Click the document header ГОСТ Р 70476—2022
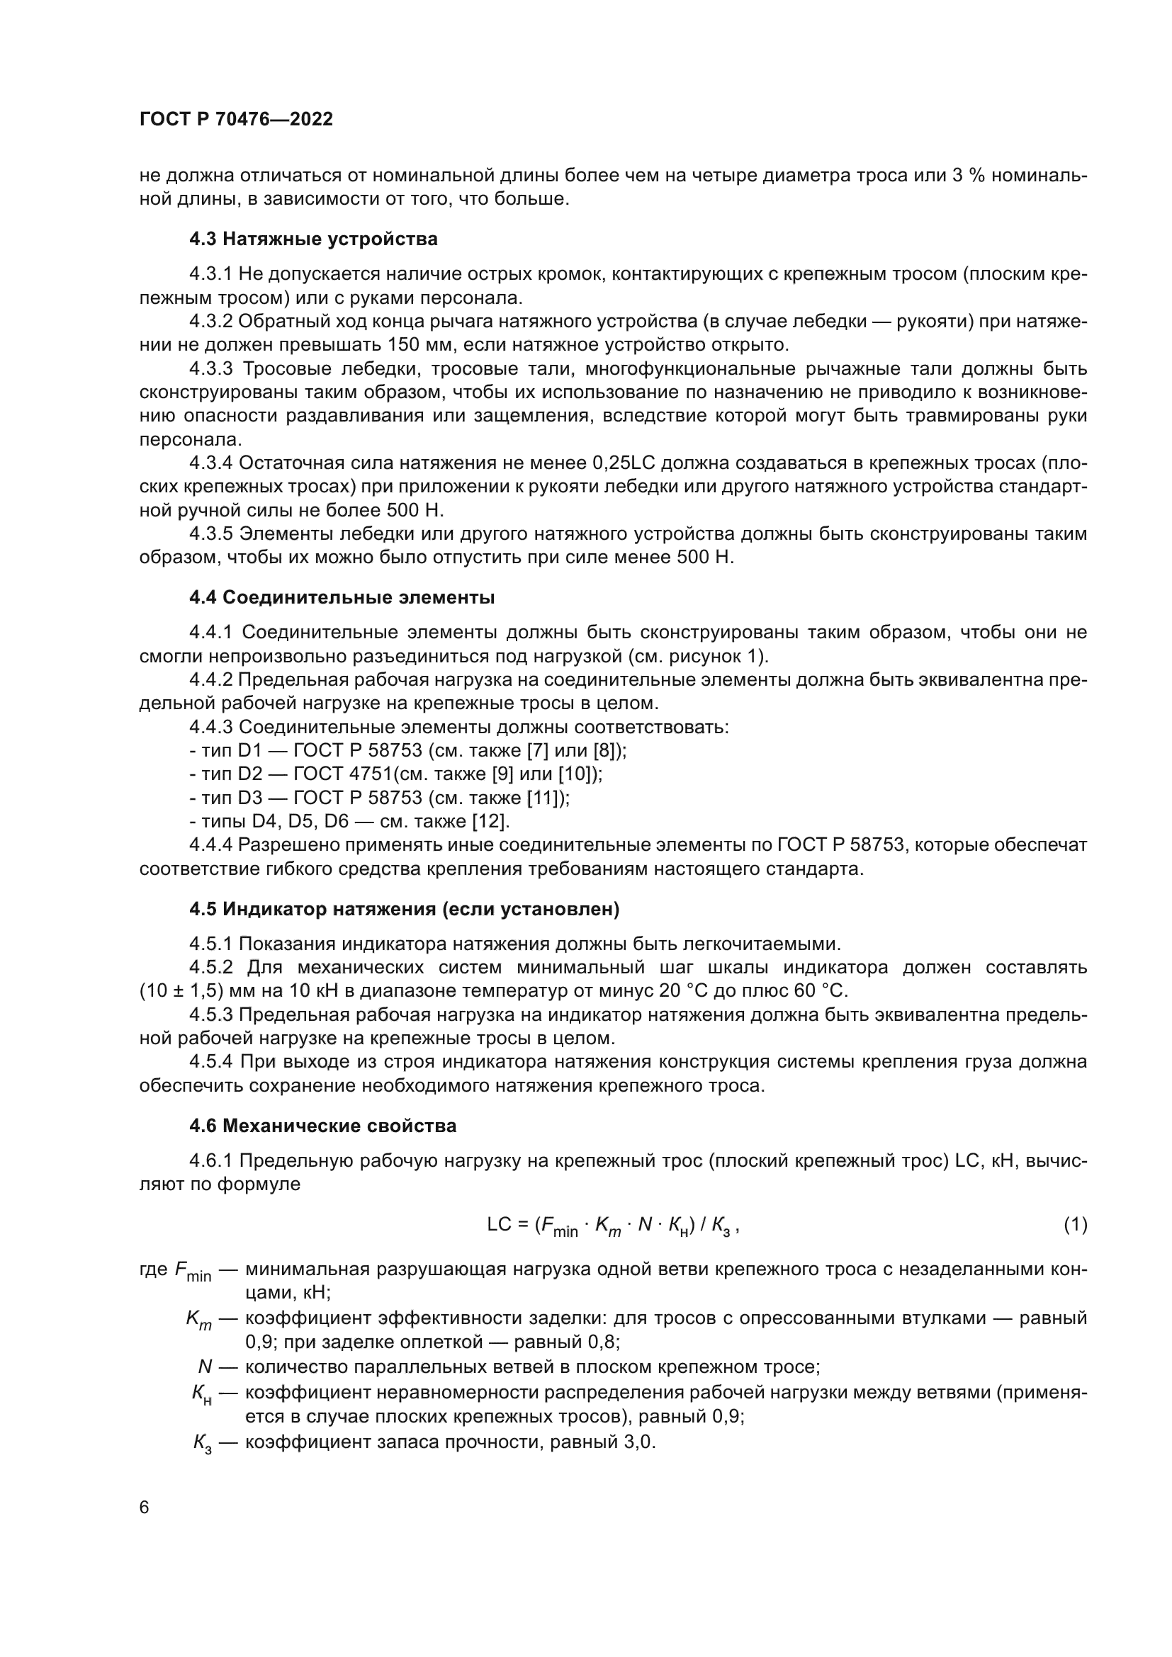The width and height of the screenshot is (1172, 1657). coord(236,120)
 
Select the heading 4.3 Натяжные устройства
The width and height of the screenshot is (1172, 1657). coord(313,239)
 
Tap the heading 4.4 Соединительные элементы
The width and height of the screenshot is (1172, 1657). coord(342,598)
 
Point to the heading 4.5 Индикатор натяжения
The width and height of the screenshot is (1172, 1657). coord(404,910)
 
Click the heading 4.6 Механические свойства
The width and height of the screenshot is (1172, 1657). coord(322,1126)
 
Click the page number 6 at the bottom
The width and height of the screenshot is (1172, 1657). coord(145,1508)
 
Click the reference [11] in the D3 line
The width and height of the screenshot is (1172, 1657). coord(551,798)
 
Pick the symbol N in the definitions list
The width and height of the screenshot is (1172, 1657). coord(205,1367)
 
